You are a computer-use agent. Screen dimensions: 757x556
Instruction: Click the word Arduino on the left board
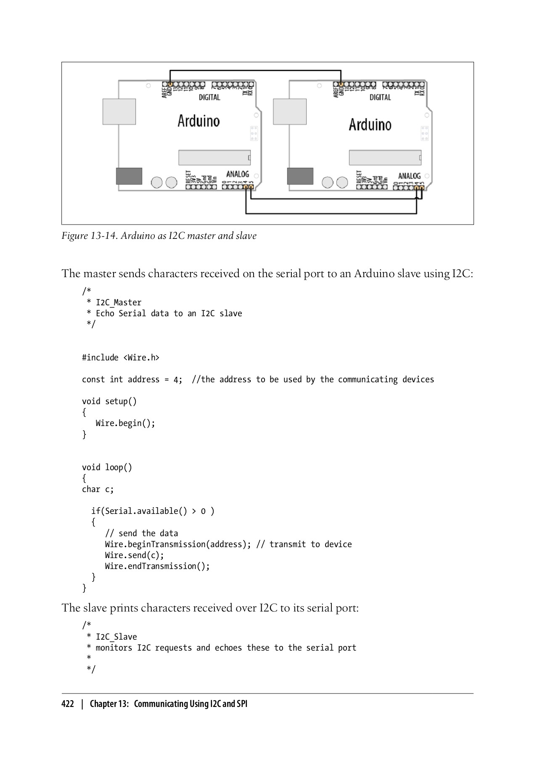(199, 121)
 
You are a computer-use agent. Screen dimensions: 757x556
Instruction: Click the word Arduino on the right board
(370, 124)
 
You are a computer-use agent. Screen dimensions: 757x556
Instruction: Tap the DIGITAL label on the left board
(209, 97)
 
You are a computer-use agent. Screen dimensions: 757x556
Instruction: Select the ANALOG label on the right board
(409, 176)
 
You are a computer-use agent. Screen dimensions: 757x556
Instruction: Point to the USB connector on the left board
(119, 111)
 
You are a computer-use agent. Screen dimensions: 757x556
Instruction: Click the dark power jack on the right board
(300, 176)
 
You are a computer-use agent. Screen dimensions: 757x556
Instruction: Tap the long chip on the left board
(214, 158)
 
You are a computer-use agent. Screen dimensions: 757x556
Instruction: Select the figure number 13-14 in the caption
(103, 236)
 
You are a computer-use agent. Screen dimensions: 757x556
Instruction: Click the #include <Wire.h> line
(121, 357)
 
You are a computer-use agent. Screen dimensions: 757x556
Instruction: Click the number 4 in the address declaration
(176, 380)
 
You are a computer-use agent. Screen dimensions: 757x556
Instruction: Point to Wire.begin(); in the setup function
(125, 423)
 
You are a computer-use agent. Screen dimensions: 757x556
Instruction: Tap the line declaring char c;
(98, 489)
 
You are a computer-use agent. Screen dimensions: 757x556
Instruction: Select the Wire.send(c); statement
(134, 555)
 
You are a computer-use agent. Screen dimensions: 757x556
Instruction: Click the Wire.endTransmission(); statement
(157, 566)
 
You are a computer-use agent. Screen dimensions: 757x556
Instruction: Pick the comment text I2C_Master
(119, 302)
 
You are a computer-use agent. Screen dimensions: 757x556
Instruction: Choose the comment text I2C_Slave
(116, 637)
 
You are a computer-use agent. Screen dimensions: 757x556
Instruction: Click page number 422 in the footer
(68, 704)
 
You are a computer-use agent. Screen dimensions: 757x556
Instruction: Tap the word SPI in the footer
(241, 704)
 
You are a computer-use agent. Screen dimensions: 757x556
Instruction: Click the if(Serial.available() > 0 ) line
(153, 511)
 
